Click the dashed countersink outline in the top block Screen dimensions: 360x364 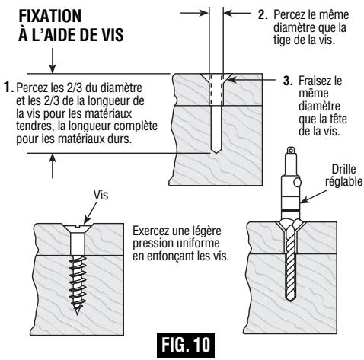click(x=216, y=84)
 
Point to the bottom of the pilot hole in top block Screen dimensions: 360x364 click(x=216, y=150)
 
